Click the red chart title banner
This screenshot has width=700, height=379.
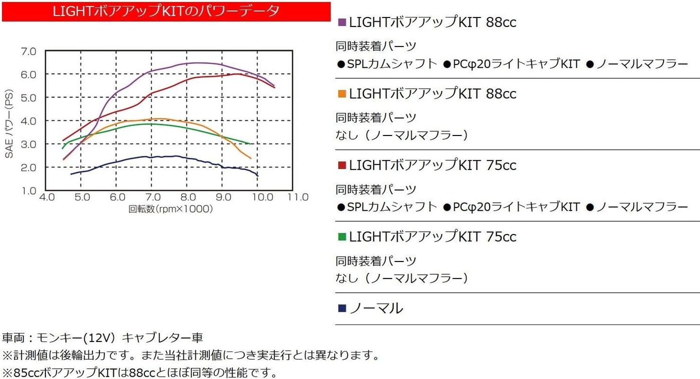tap(166, 11)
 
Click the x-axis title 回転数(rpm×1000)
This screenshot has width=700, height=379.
tap(170, 208)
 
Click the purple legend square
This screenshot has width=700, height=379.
tap(342, 22)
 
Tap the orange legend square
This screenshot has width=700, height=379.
tap(342, 94)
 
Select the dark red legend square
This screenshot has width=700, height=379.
tap(342, 165)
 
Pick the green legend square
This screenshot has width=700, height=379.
tap(342, 237)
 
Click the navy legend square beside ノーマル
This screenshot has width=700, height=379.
tap(342, 308)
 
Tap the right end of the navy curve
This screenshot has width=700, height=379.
tap(258, 176)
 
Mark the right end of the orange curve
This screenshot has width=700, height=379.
tap(251, 158)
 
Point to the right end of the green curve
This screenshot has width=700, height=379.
tap(249, 144)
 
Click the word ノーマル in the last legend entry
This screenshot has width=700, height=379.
tap(376, 308)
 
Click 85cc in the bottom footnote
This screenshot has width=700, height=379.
tap(24, 372)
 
